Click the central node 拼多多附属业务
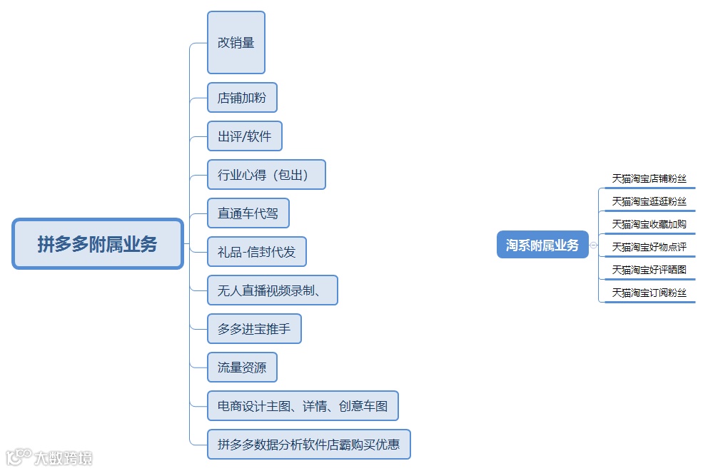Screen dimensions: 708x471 tap(98, 244)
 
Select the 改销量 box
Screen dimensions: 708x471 tap(236, 43)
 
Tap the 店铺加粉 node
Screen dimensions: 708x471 tap(242, 98)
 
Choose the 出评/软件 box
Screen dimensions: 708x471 tap(245, 136)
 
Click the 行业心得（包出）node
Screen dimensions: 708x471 tap(266, 175)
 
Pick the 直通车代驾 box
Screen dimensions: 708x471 tap(248, 213)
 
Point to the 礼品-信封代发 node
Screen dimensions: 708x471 tap(257, 252)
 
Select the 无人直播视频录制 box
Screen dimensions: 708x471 tap(272, 290)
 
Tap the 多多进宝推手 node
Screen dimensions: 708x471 tap(254, 329)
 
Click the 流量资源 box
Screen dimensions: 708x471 tap(242, 368)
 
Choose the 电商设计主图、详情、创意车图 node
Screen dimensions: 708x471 tap(303, 406)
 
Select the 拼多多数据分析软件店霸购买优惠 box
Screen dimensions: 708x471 tap(309, 445)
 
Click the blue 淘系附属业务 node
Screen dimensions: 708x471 tap(542, 245)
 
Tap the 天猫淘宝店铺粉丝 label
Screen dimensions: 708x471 tap(649, 179)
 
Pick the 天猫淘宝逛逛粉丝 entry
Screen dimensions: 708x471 tap(649, 202)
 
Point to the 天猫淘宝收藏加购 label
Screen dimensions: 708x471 tap(649, 225)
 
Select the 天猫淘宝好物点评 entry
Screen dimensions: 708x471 tap(649, 248)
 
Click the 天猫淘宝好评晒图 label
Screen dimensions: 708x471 tap(649, 270)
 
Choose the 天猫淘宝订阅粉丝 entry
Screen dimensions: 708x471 tap(649, 293)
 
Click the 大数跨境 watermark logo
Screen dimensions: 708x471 tap(49, 457)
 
